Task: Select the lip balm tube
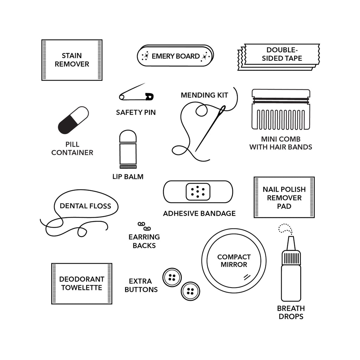point(128,149)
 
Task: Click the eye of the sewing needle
point(222,111)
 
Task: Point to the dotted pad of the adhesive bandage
point(198,192)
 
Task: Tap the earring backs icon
point(144,226)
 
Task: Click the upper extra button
point(172,277)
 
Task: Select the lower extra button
point(190,291)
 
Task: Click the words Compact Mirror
point(234,261)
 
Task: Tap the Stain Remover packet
point(72,60)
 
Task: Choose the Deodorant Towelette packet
point(82,283)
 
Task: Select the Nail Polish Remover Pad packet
point(284,198)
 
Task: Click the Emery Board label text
point(175,56)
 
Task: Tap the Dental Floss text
point(85,206)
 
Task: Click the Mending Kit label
point(204,95)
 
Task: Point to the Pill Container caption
point(72,148)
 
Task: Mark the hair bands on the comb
point(281,100)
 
